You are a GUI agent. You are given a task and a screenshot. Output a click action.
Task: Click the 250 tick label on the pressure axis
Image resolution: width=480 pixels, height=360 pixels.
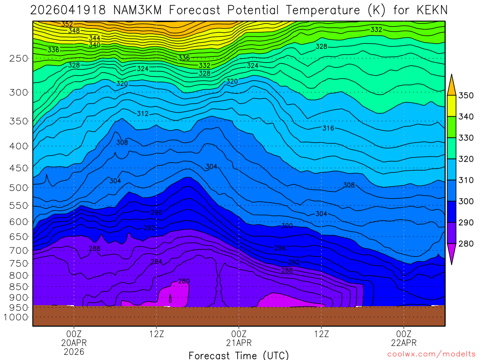pos(18,59)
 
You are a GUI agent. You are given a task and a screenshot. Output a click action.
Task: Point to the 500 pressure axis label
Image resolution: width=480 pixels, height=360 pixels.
pos(18,188)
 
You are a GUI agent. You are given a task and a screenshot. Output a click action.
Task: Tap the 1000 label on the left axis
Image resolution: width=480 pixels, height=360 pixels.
pos(16,317)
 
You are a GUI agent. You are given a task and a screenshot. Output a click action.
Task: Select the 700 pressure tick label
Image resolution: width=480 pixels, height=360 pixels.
pos(18,251)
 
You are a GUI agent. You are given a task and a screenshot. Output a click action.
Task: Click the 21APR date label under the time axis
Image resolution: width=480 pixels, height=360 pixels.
pos(239,343)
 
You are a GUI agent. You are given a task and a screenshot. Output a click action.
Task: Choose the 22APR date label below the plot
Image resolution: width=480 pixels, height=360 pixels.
pos(404,343)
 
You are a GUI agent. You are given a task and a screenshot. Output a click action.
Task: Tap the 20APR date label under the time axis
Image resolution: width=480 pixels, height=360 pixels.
pos(74,343)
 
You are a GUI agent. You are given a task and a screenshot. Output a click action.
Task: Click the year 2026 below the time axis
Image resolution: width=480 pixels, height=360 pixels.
pos(74,352)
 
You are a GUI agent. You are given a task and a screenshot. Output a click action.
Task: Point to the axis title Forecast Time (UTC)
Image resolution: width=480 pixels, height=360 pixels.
pos(239,355)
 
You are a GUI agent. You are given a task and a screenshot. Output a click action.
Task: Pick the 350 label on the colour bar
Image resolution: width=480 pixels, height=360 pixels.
pos(465,96)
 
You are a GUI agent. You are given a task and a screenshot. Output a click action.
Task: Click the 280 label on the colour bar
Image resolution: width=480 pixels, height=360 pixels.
pos(465,244)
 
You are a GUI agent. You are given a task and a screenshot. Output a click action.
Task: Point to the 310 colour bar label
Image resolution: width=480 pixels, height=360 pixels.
pos(465,180)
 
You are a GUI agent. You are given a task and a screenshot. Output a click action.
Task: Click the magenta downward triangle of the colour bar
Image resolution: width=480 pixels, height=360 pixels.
pos(452,254)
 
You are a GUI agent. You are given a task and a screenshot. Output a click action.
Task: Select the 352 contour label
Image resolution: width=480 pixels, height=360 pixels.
pos(67,24)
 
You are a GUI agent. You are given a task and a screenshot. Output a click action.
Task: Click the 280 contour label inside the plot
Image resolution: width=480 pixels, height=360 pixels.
pos(184,281)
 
